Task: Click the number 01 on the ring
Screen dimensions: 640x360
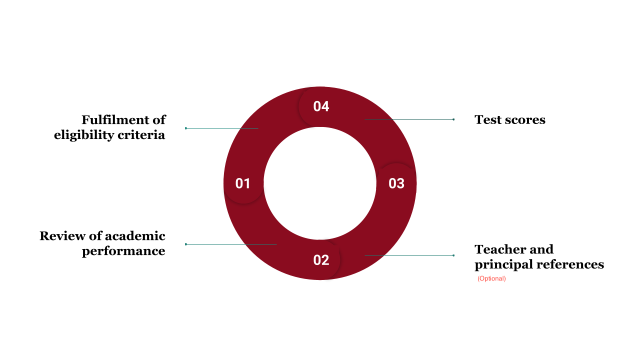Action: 242,183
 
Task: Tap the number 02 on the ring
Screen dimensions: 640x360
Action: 321,260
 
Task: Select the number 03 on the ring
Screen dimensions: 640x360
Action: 396,183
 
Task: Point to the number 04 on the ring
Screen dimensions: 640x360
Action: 321,106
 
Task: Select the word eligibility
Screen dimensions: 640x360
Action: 84,135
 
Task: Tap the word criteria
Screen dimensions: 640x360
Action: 141,135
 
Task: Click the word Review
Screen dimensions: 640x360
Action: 62,236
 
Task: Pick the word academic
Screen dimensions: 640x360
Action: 135,236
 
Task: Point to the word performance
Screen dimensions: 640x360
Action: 123,251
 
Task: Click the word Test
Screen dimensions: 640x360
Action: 488,120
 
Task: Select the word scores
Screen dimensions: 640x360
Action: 525,120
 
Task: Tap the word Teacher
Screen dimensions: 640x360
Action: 500,249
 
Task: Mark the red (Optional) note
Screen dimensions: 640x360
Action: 491,278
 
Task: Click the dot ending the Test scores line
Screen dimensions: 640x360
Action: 453,119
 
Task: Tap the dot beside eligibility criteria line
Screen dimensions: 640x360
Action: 186,128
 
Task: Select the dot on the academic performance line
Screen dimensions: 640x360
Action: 186,244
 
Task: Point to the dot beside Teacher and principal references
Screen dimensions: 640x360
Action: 453,255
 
